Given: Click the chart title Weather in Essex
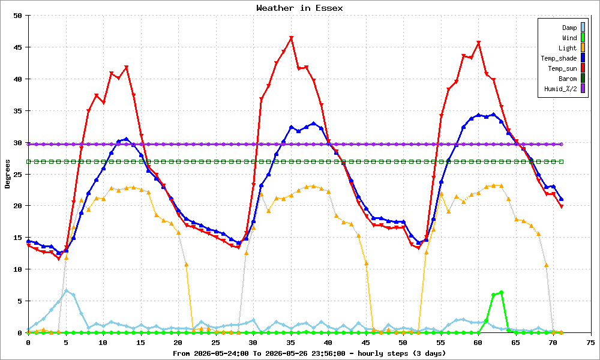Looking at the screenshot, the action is click(x=299, y=8).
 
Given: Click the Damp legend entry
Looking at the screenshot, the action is click(x=573, y=27).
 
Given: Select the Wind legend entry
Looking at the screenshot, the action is click(x=573, y=37).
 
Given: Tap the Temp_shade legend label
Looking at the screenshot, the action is click(x=559, y=58).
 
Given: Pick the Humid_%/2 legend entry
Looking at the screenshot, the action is click(x=565, y=89).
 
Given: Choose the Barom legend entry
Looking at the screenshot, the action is click(x=572, y=79).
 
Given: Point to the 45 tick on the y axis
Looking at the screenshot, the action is click(x=18, y=47).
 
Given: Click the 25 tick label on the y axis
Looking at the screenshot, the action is click(x=18, y=175).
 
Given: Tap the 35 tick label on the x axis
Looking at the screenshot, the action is click(x=291, y=343).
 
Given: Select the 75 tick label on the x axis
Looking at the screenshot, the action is click(x=590, y=343).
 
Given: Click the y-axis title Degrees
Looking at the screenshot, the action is click(x=8, y=174).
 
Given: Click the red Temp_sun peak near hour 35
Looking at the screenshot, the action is click(x=291, y=38).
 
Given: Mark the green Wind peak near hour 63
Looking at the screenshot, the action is click(x=501, y=292).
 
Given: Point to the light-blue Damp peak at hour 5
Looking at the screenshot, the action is click(x=66, y=291).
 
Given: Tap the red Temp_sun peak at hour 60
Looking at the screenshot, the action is click(x=478, y=43).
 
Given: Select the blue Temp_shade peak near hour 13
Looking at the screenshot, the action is click(x=126, y=139).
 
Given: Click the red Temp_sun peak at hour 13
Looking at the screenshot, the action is click(x=126, y=67).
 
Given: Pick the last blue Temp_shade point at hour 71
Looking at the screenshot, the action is click(x=561, y=199).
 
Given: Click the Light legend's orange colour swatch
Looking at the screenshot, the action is click(x=583, y=48).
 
